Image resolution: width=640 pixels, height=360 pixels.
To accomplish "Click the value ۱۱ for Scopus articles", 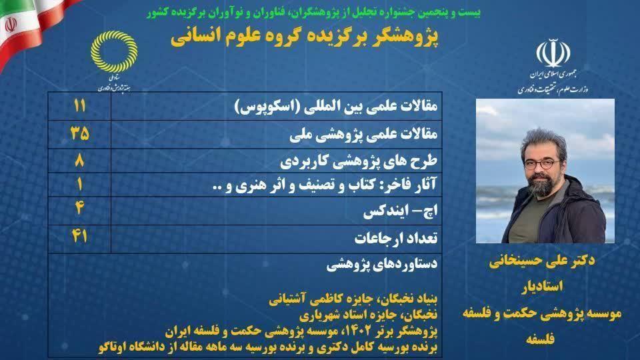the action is (79, 106).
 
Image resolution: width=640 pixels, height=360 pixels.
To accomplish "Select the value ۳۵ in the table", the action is (79, 133).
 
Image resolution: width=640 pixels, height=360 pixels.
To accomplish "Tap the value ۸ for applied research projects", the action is (79, 160).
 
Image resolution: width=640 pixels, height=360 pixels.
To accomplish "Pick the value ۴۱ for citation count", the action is (79, 235).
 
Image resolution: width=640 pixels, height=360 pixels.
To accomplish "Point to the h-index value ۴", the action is (79, 208).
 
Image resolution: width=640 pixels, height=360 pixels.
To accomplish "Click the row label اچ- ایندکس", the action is (401, 211).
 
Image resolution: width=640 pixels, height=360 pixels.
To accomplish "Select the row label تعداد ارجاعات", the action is (396, 238).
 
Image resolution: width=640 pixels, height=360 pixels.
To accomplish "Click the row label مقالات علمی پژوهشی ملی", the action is (364, 134).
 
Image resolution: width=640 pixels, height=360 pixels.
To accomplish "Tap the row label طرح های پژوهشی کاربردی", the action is (359, 161).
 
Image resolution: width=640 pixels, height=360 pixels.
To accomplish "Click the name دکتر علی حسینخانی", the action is (542, 261).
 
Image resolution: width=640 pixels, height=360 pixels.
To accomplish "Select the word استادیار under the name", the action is (542, 286).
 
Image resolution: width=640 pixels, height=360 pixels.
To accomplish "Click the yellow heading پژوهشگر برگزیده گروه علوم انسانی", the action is (305, 37).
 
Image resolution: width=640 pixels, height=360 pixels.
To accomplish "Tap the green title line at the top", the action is (314, 12).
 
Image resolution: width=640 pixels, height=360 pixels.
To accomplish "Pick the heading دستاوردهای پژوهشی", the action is (381, 265).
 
